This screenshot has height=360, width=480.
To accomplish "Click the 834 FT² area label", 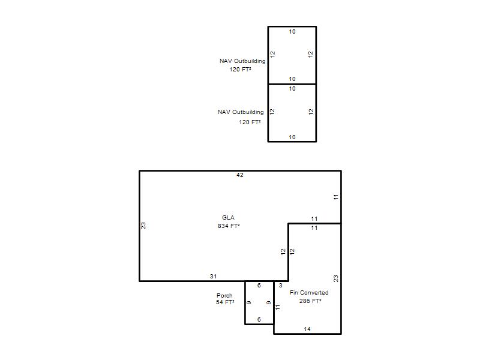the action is (x=229, y=226).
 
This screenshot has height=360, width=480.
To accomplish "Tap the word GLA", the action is (x=229, y=218).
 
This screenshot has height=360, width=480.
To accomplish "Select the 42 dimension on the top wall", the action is (x=239, y=175).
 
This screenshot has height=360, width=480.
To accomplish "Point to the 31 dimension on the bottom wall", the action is (x=214, y=276).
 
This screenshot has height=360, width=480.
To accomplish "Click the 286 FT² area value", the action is (x=310, y=301).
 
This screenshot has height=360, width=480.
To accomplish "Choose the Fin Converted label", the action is (x=309, y=293).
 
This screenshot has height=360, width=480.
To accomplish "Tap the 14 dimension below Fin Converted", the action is (x=307, y=329).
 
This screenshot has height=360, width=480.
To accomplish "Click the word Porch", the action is (x=224, y=295).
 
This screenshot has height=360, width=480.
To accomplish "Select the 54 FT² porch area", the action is (x=225, y=302).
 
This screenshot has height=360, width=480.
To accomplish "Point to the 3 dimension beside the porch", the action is (x=280, y=286).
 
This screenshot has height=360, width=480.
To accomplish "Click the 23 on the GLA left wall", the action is (x=143, y=226).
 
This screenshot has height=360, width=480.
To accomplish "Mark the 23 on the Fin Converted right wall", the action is (x=336, y=278).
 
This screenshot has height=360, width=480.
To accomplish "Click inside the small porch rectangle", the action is (x=259, y=302).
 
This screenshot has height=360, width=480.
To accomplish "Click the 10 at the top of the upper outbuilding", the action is (x=292, y=32).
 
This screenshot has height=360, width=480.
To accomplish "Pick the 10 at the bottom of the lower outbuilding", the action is (x=292, y=137).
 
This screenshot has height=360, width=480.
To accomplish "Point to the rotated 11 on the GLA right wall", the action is (x=336, y=197).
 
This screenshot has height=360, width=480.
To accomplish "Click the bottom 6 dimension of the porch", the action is (x=259, y=320).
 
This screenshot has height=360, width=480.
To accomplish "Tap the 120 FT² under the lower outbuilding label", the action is (x=250, y=122).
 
